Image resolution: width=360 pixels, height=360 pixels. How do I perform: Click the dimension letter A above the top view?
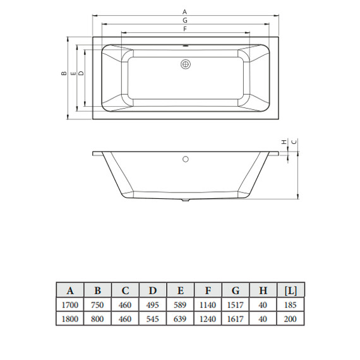184,12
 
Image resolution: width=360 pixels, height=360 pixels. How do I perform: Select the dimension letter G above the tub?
184,20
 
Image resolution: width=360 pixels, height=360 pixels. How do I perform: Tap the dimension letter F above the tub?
184,29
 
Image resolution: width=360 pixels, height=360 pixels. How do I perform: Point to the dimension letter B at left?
64,74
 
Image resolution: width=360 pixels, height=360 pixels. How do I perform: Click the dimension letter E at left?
73,74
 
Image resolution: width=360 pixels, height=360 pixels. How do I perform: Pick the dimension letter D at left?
81,74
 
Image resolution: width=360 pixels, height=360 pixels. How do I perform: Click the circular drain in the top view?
185,64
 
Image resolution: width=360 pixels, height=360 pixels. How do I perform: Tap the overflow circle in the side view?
185,159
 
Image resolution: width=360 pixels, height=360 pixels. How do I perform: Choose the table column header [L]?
291,291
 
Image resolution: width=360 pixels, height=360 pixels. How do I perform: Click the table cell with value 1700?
70,305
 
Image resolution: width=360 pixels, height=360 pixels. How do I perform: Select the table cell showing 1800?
70,319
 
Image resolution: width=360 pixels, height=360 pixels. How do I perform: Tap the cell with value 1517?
236,305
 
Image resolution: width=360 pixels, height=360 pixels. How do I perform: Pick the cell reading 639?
181,319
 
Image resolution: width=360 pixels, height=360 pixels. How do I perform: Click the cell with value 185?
291,305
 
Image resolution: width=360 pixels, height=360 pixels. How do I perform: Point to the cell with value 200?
291,319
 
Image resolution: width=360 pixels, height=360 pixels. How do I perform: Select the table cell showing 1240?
208,319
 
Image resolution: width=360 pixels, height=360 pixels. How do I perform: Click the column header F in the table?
208,291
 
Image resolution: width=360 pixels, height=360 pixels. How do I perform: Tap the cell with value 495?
153,305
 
